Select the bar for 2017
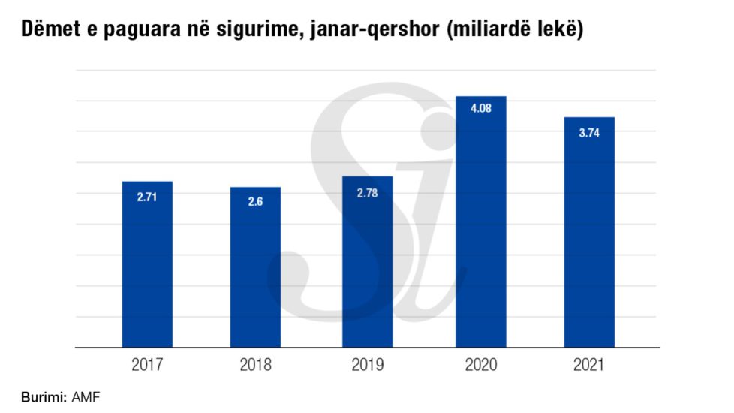pyautogui.click(x=147, y=270)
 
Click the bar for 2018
pyautogui.click(x=255, y=274)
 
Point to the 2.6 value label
pyautogui.click(x=255, y=201)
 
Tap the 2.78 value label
pyautogui.click(x=367, y=191)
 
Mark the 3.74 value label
pyautogui.click(x=589, y=131)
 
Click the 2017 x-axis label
pyautogui.click(x=147, y=366)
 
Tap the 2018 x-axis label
pyautogui.click(x=255, y=366)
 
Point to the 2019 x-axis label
pyautogui.click(x=367, y=366)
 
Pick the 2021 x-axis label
pyautogui.click(x=589, y=366)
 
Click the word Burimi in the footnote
pyautogui.click(x=44, y=396)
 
